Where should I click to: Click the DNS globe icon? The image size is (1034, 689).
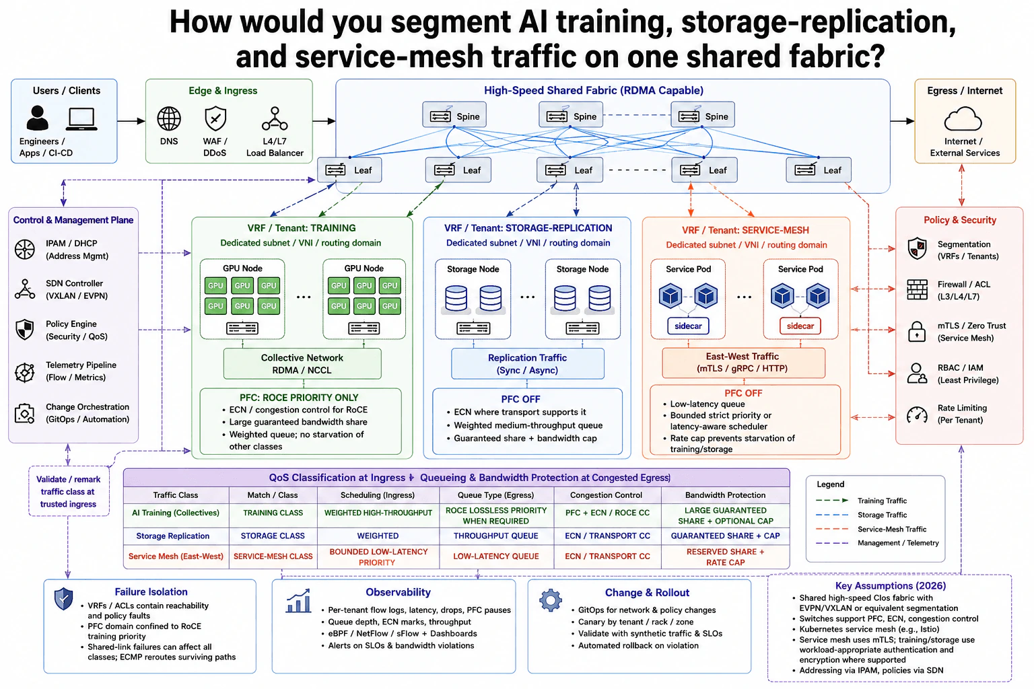click(169, 118)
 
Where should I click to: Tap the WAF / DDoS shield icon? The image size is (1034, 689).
click(215, 118)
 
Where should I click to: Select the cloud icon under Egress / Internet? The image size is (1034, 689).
click(963, 119)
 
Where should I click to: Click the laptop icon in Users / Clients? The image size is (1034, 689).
click(81, 119)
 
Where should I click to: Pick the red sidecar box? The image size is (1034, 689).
click(800, 326)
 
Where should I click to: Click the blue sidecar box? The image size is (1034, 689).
click(688, 326)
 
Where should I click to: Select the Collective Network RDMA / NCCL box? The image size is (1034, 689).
click(302, 363)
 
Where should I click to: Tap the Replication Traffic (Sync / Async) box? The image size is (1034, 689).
click(528, 363)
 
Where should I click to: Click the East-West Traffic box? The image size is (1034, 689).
click(743, 363)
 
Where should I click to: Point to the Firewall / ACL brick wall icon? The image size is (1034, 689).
click(917, 290)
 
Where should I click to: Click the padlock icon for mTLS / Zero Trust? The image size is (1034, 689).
click(917, 331)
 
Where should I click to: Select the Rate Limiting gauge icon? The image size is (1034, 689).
click(917, 414)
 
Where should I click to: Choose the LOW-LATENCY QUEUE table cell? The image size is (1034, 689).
click(496, 556)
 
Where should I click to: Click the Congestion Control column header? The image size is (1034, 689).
click(606, 495)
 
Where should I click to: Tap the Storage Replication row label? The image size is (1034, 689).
click(172, 536)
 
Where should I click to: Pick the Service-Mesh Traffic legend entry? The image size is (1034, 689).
click(871, 529)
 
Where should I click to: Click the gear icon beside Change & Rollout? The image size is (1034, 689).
click(551, 600)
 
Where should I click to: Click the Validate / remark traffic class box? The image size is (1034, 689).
click(69, 491)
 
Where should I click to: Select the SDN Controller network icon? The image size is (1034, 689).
click(25, 289)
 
